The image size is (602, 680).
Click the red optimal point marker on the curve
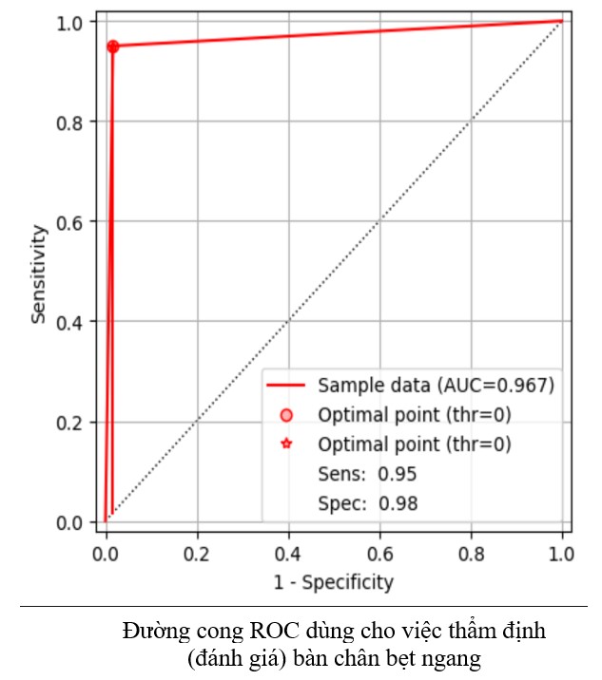coord(113,47)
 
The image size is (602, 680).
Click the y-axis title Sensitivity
coord(39,274)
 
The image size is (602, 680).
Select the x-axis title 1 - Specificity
coord(333,582)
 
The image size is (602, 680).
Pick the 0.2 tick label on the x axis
coord(197,551)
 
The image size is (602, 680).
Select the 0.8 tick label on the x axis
coord(471,551)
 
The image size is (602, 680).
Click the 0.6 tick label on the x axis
coord(379,551)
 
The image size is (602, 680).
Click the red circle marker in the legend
coord(287,415)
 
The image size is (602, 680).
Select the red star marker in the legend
coord(287,444)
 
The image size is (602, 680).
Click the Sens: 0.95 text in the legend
coord(367,474)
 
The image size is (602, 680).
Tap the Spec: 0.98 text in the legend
coord(367,504)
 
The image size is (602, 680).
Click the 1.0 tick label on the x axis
coord(561,551)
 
